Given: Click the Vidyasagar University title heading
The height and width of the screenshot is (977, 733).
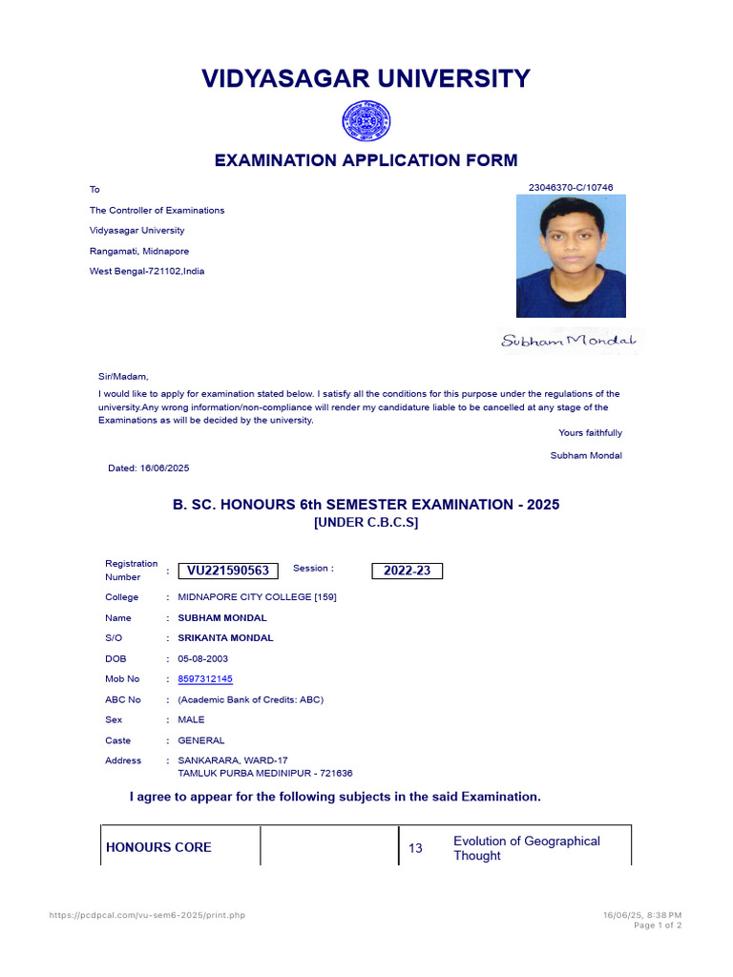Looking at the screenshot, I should pyautogui.click(x=366, y=78).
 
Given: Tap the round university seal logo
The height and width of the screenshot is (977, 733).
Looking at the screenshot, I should pyautogui.click(x=366, y=122).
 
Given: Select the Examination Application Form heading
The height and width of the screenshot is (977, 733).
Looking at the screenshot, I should pyautogui.click(x=366, y=160).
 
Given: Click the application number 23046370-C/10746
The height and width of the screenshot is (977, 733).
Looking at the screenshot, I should pyautogui.click(x=571, y=188).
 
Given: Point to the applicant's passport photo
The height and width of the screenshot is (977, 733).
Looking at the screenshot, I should pyautogui.click(x=571, y=256).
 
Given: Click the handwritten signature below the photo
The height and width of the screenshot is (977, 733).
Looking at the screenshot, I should pyautogui.click(x=571, y=341).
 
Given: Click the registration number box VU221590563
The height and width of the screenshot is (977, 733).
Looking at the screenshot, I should pyautogui.click(x=228, y=571).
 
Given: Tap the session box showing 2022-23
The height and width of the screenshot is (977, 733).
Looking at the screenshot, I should pyautogui.click(x=407, y=571).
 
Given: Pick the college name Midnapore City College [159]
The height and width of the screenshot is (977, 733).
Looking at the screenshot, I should pyautogui.click(x=257, y=597).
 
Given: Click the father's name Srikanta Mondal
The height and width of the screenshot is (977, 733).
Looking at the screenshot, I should pyautogui.click(x=225, y=638).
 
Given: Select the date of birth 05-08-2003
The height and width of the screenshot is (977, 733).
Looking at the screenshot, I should pyautogui.click(x=203, y=659).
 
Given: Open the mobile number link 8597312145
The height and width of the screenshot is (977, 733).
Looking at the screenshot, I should pyautogui.click(x=205, y=679).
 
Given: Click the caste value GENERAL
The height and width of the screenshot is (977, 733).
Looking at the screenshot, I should pyautogui.click(x=201, y=740).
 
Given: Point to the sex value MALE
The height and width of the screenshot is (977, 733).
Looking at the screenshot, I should pyautogui.click(x=191, y=720).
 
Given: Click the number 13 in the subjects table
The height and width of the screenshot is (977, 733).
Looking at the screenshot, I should pyautogui.click(x=415, y=848).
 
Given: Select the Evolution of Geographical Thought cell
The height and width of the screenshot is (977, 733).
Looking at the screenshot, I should pyautogui.click(x=527, y=848).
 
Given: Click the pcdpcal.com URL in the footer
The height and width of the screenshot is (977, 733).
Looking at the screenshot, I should pyautogui.click(x=147, y=915).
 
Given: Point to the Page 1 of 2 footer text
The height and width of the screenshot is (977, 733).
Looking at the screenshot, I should pyautogui.click(x=658, y=925).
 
